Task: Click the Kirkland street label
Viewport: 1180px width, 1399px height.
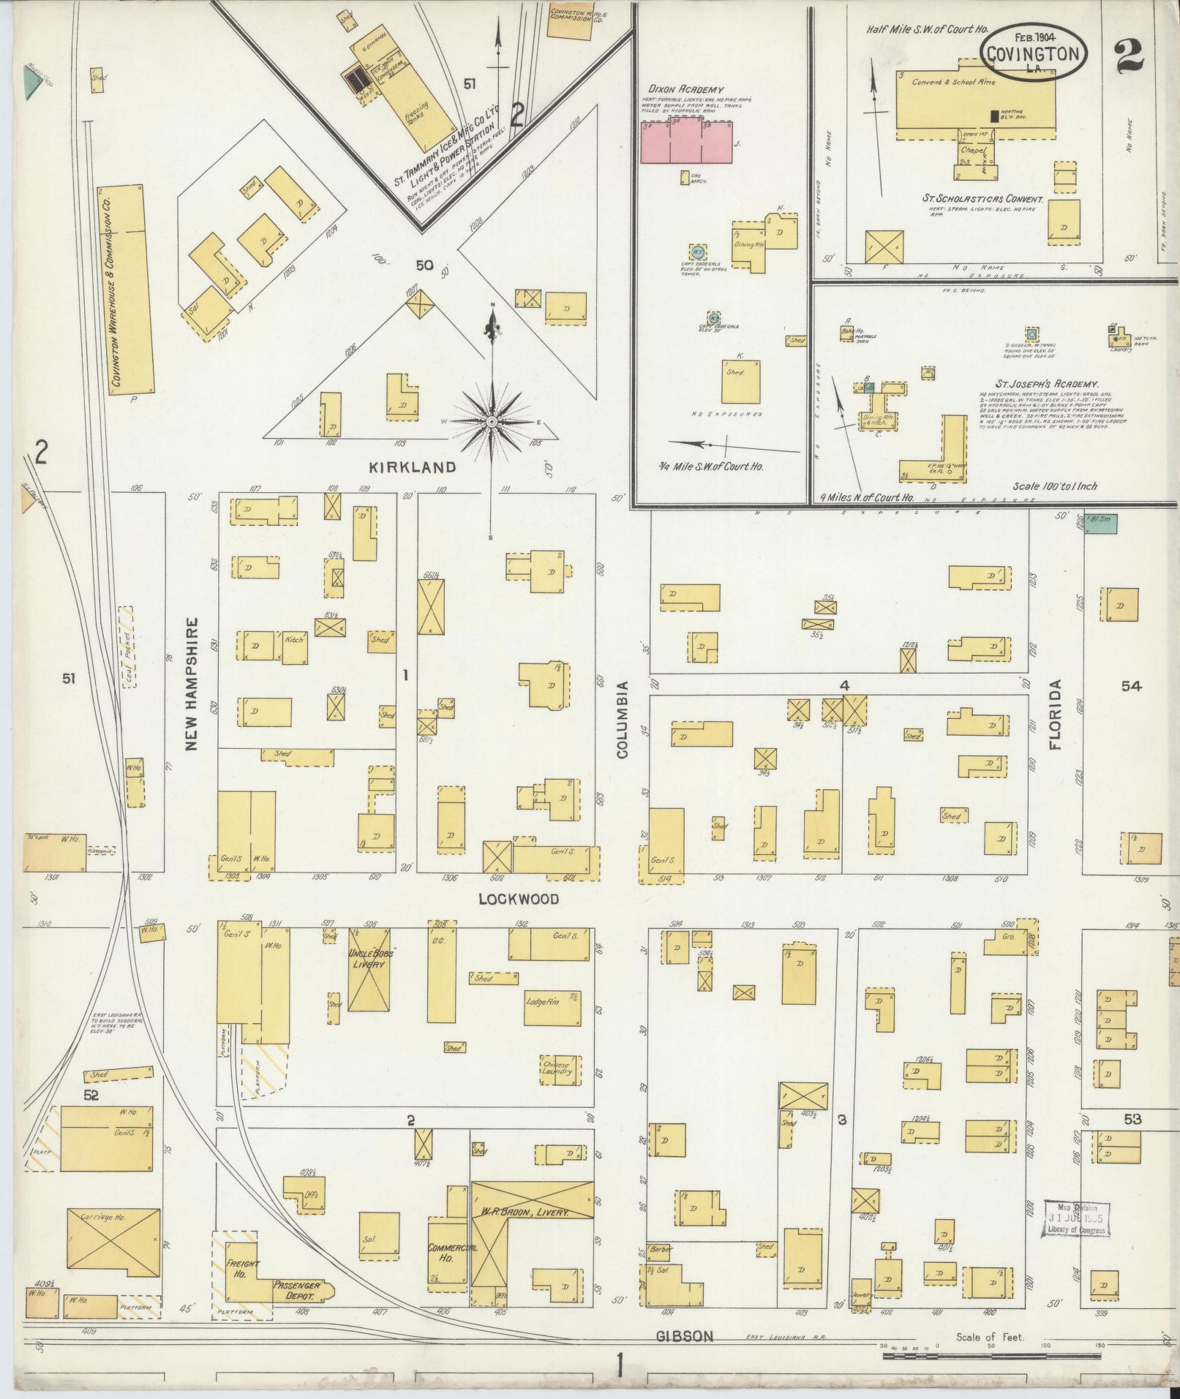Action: coord(423,467)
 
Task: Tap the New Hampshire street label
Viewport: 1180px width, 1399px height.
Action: coord(192,685)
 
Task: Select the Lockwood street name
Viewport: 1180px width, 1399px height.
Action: coord(519,899)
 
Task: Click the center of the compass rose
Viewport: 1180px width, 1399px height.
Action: coord(492,422)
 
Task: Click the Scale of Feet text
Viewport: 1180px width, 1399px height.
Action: coord(990,1337)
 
